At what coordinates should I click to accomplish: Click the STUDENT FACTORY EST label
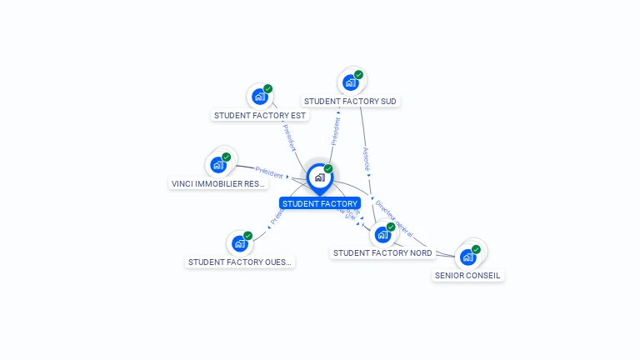coord(260,115)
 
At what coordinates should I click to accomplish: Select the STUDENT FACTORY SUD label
coord(350,101)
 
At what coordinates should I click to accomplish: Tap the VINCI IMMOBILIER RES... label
coord(218,183)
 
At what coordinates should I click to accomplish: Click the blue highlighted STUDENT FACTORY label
coord(320,203)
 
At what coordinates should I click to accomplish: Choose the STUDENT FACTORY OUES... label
coord(240,262)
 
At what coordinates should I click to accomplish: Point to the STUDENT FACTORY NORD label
coord(382,252)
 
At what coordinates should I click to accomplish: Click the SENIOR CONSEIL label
coord(468,275)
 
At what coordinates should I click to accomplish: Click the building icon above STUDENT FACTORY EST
coord(259,97)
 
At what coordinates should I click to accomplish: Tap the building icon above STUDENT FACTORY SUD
coord(350,82)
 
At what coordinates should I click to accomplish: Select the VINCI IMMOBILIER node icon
coord(218,165)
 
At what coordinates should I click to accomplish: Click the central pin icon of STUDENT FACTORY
coord(319,177)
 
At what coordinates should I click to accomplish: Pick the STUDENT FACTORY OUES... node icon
coord(240,243)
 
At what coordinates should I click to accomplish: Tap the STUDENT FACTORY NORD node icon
coord(382,234)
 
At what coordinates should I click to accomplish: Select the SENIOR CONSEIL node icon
coord(467,257)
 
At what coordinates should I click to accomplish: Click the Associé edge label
coord(366,159)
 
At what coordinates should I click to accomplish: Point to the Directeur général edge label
coord(393,217)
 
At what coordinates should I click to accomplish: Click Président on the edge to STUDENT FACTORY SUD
coord(336,131)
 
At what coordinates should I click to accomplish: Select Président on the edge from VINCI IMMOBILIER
coord(269,172)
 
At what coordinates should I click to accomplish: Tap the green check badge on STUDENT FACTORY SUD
coord(358,75)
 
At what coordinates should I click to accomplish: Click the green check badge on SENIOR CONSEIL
coord(476,249)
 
